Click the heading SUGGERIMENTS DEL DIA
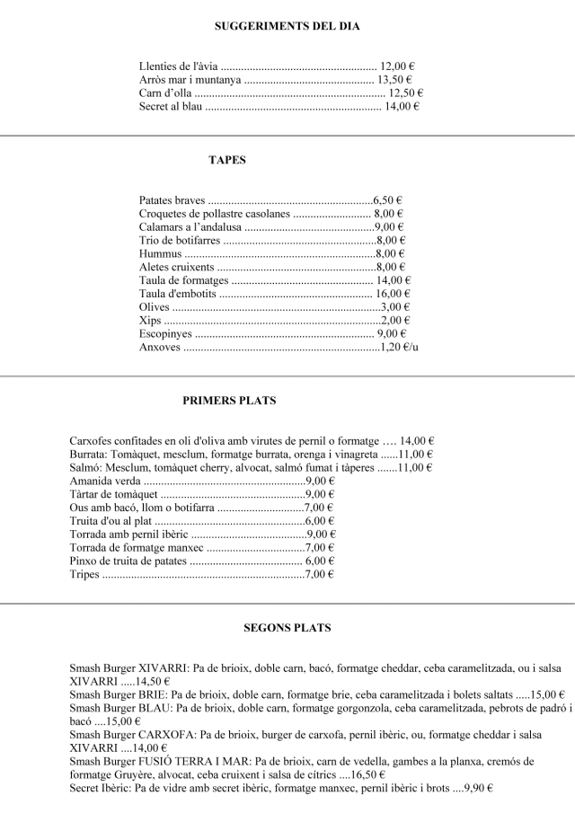[x=287, y=26]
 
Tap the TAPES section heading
[x=227, y=160]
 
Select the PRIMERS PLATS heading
[x=229, y=401]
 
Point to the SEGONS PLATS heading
[x=287, y=628]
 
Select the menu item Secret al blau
[x=171, y=107]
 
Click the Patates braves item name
[x=172, y=200]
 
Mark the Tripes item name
[x=84, y=575]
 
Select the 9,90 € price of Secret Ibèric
[x=473, y=788]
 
